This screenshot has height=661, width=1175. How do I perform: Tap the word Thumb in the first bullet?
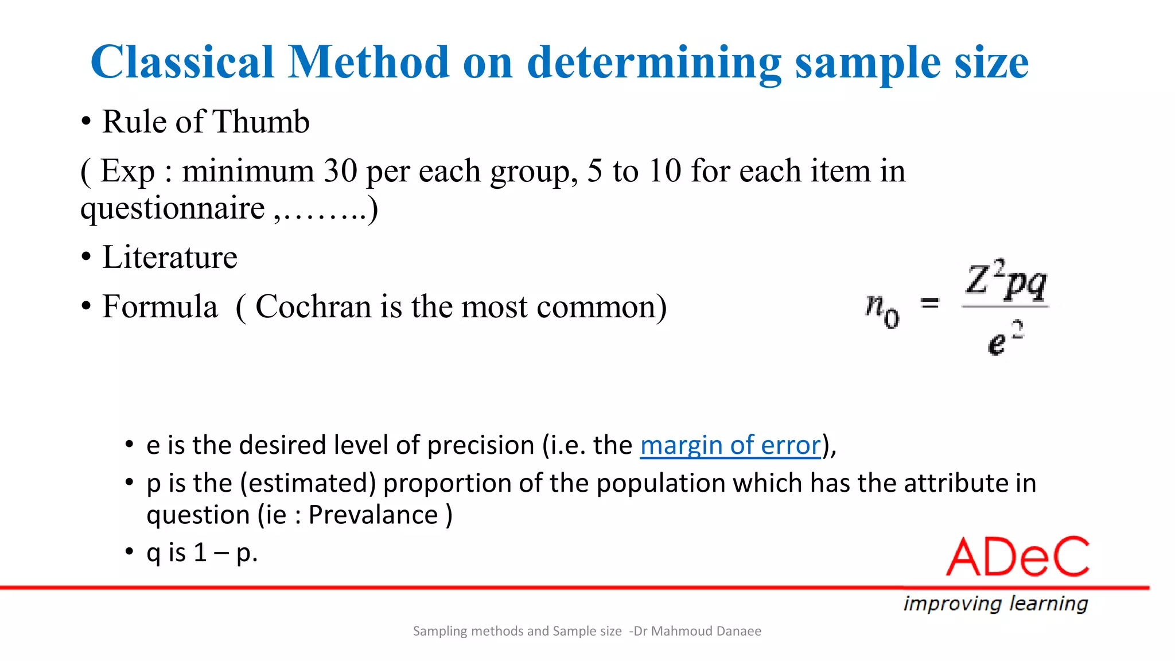[261, 122]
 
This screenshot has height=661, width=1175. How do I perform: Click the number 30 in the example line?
[340, 171]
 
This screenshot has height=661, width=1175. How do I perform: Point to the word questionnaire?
[172, 208]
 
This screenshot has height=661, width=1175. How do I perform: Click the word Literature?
[170, 257]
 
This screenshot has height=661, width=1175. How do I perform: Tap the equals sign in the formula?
[929, 303]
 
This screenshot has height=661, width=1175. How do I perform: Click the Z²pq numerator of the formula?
[1006, 281]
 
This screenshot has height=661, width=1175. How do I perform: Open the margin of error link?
[730, 445]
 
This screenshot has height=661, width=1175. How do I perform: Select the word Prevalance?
[373, 515]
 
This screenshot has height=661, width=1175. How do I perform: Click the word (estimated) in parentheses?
[308, 483]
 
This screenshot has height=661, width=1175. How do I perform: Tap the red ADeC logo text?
[1018, 557]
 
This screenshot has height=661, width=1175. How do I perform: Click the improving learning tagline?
[995, 604]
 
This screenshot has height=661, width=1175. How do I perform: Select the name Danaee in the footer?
[740, 631]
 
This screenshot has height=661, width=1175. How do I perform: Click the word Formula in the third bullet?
[160, 306]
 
